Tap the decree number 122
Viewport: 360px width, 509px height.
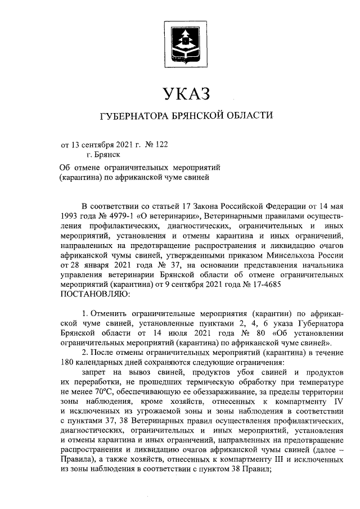click(x=160, y=145)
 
